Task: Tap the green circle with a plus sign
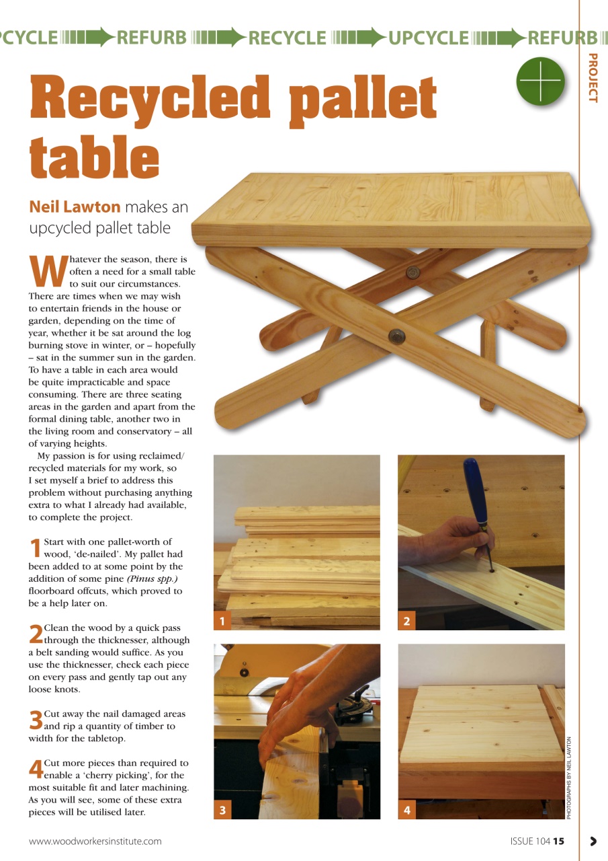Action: point(539,81)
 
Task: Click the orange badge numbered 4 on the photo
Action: point(406,811)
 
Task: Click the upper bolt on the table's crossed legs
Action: point(412,272)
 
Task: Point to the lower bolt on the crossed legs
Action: point(396,334)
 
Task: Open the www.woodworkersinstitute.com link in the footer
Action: point(95,841)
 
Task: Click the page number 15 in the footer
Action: point(559,841)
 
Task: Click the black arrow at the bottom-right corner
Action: point(593,841)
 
